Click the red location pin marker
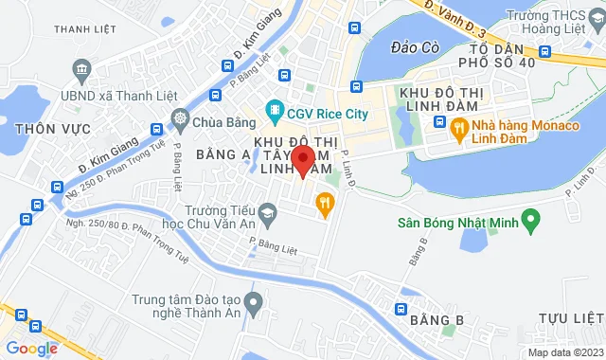tap(302, 159)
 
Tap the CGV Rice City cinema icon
tap(275, 110)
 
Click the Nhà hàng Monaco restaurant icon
tap(458, 128)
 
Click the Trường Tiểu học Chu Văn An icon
tap(268, 217)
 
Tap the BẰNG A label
tap(223, 153)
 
